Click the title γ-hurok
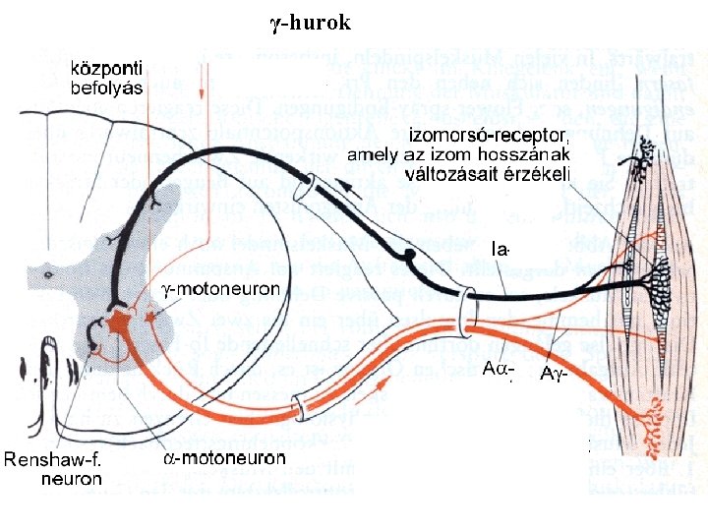coord(310,22)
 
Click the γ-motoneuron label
coord(220,289)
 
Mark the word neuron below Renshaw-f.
coord(71,479)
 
